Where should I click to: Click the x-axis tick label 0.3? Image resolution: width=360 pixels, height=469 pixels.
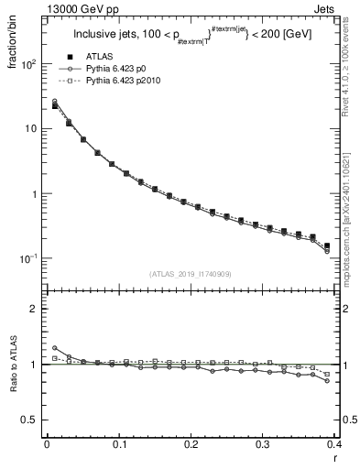coord(264,444)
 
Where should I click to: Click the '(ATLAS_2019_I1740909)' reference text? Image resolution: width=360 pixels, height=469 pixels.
coord(191,274)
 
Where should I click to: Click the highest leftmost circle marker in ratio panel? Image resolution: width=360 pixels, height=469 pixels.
coord(54,348)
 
